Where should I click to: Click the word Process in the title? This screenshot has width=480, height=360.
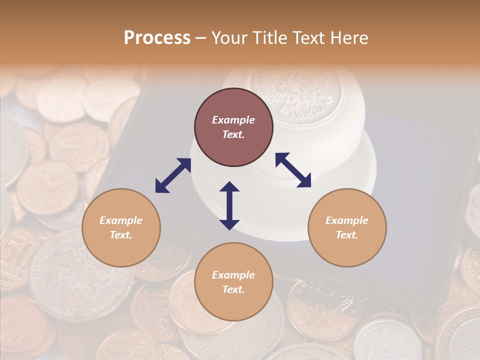(x=157, y=38)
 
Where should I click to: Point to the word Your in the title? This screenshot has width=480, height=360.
(x=230, y=38)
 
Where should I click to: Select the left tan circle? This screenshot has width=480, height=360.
(x=121, y=227)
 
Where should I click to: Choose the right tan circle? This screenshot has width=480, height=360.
(x=347, y=227)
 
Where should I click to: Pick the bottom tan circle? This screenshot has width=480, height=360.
(x=233, y=281)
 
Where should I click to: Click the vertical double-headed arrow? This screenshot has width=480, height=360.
(x=229, y=205)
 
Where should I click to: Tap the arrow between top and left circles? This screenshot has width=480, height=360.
(x=173, y=175)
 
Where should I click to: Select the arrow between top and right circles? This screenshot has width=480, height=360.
(x=293, y=170)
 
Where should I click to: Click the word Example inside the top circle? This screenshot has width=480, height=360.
(x=233, y=120)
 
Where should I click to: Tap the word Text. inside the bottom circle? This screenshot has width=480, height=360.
(x=233, y=289)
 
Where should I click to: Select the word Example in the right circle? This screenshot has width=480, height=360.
(x=347, y=220)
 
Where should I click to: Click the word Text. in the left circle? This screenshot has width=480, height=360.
(x=121, y=235)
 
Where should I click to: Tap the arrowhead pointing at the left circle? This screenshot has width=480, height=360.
(x=161, y=186)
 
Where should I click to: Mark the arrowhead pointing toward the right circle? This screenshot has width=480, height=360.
(x=304, y=181)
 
